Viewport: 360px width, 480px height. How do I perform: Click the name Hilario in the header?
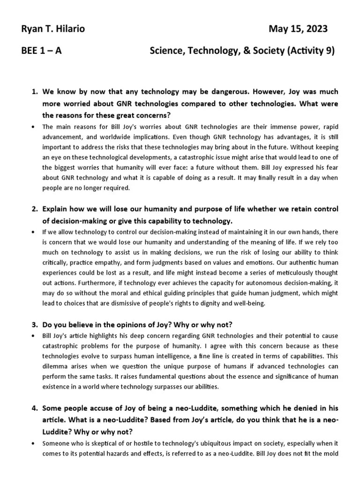coord(68,29)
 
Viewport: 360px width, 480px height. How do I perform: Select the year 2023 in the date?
coord(316,29)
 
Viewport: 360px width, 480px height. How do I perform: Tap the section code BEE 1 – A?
coord(41,51)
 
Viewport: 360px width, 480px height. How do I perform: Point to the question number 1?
coord(35,91)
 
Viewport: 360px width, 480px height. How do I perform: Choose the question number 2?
coord(35,209)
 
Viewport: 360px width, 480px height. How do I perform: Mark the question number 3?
coord(35,324)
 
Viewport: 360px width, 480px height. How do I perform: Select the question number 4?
coord(35,408)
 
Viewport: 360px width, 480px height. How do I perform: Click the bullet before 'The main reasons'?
coord(31,127)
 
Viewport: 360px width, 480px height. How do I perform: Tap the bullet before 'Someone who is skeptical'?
coord(31,443)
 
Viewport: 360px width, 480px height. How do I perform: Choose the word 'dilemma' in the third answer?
coord(56,368)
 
